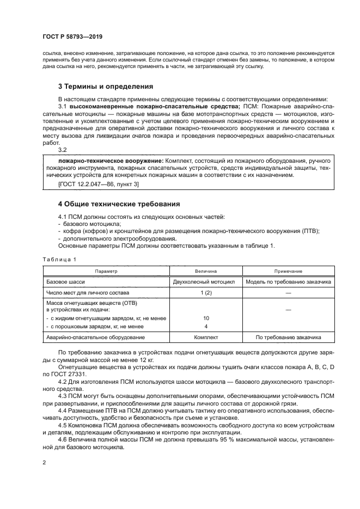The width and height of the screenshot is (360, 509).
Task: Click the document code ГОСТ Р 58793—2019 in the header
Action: (x=72, y=37)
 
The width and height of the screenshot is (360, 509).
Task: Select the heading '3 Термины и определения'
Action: (x=105, y=86)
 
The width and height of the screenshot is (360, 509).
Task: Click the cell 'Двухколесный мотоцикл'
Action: (x=204, y=281)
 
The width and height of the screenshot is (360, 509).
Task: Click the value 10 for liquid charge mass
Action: (x=206, y=318)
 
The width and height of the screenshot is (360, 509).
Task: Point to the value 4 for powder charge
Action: (x=206, y=326)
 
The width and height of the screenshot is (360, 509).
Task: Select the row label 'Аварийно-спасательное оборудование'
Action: (x=93, y=338)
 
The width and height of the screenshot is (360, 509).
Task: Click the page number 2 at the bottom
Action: (x=45, y=462)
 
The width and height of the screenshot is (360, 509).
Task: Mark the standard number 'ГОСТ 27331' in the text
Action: (x=68, y=375)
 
